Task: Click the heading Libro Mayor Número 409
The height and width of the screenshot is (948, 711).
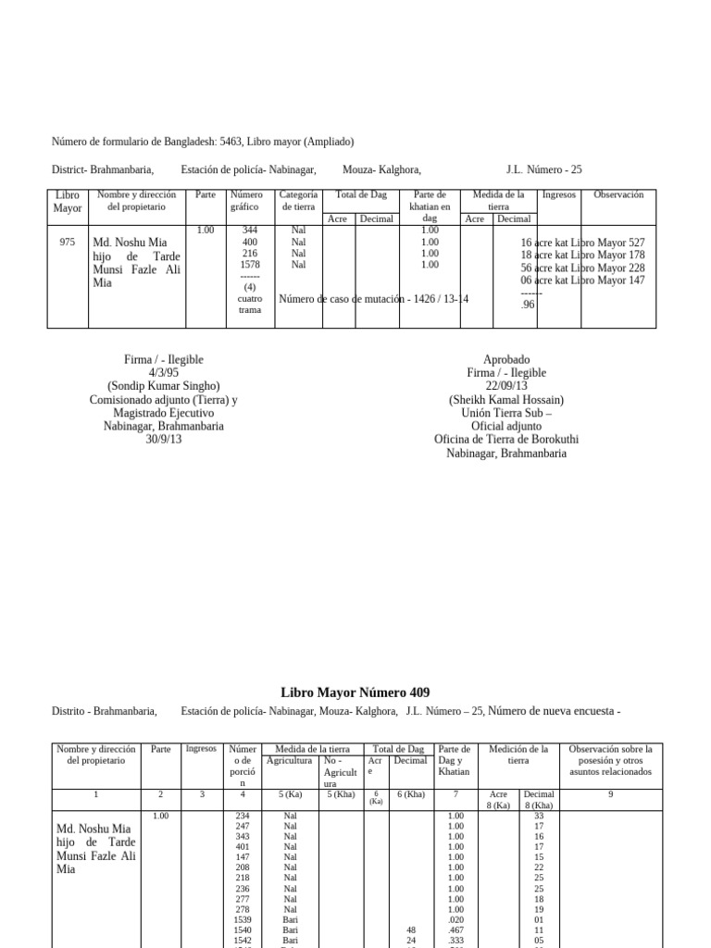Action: pos(355,692)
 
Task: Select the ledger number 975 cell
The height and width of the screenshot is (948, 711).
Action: pos(67,243)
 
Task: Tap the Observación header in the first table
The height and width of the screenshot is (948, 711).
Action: pos(617,195)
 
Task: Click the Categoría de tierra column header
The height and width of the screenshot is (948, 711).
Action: pos(298,201)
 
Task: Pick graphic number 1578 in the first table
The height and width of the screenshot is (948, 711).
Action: pos(250,265)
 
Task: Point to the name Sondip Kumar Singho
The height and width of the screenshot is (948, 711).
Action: pos(163,386)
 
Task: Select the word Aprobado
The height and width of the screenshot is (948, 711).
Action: pos(506,359)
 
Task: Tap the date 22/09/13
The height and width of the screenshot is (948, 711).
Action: pos(506,386)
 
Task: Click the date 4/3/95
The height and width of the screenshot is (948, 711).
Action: pos(163,373)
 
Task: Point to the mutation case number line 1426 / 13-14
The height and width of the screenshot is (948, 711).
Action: pos(374,299)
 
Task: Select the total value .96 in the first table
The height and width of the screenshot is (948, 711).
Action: pos(529,304)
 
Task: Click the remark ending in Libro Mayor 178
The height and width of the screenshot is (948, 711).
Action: pos(582,255)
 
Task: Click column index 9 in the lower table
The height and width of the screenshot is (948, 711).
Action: pos(610,794)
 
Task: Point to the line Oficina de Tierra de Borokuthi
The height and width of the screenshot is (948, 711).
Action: pos(506,440)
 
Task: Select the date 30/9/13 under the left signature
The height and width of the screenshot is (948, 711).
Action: pos(163,440)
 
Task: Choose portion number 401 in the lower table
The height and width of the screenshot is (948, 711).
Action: pos(243,846)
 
